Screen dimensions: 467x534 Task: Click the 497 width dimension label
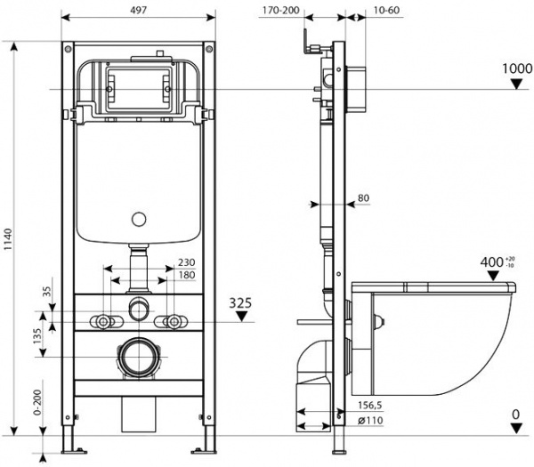(x=139, y=8)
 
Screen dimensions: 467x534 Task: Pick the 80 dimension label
(x=362, y=197)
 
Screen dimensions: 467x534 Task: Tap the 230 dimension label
(x=185, y=262)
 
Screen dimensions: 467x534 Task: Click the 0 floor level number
(x=515, y=414)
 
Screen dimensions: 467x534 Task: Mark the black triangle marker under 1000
(x=515, y=85)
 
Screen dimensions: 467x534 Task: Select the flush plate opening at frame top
(x=138, y=87)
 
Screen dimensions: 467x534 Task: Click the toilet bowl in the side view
(x=445, y=338)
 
